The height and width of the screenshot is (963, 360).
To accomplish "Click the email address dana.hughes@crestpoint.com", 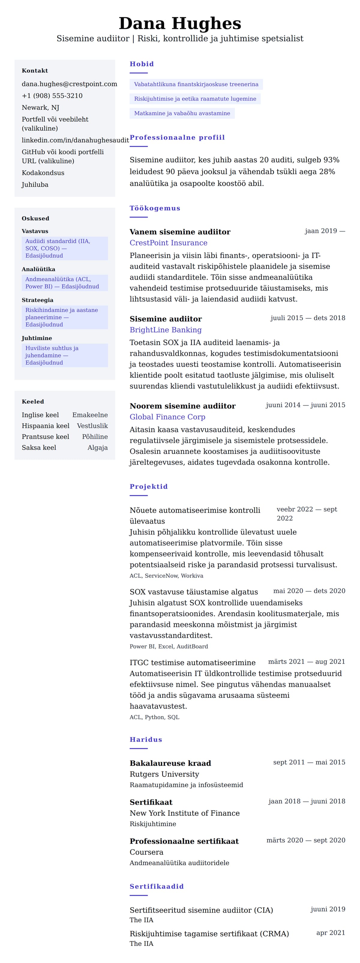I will coord(69,84).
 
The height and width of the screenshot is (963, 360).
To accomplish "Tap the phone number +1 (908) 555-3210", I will coord(52,96).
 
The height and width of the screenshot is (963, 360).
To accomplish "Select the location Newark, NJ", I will coord(40,108).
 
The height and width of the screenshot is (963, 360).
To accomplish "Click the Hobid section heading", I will coord(142,64).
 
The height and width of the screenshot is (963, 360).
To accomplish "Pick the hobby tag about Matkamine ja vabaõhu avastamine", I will coord(182,113).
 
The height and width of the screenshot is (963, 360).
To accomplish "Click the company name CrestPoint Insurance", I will coord(168,243).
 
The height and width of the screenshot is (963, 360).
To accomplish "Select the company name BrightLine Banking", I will coord(165,330).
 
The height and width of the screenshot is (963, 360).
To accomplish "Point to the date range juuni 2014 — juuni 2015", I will coord(305,405).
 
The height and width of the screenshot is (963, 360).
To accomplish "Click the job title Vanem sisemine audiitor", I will coord(180,232).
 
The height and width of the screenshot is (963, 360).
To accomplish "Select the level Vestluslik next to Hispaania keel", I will coord(92,426).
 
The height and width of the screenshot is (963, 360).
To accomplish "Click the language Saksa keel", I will coord(39,448).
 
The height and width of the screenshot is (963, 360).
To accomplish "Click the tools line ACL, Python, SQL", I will coord(154,717).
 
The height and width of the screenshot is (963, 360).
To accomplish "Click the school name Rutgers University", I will coord(164,774).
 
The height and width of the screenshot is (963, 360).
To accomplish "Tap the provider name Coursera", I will coord(146,852).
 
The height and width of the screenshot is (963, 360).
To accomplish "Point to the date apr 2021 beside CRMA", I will coord(331,933).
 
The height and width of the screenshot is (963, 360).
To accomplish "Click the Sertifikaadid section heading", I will coord(156,886).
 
